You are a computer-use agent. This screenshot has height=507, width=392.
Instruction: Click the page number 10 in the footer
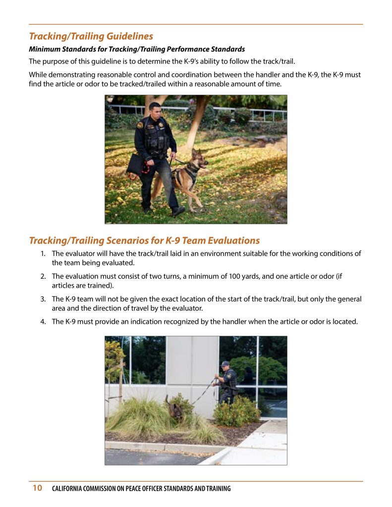37,488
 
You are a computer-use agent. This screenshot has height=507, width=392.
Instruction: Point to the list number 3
43,299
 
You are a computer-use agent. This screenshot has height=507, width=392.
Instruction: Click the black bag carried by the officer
135,164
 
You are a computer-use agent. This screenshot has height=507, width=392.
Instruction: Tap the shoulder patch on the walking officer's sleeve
140,125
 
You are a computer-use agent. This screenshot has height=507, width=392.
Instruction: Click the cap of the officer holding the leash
225,364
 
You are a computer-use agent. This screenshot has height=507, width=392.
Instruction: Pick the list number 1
43,253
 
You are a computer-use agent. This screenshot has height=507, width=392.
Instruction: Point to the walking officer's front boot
177,210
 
